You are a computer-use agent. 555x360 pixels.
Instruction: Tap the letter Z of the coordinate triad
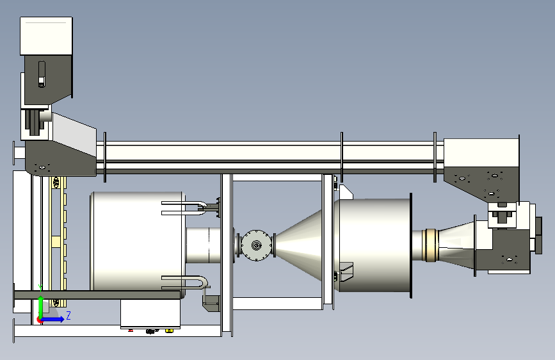68,315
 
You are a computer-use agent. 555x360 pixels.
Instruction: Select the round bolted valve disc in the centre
256,245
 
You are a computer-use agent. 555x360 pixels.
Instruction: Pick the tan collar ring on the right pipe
431,245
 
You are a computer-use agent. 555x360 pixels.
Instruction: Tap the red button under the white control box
131,331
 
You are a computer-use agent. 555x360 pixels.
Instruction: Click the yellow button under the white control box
169,331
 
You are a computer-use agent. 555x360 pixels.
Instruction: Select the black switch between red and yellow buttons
152,331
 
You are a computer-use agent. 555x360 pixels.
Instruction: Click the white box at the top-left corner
46,36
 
